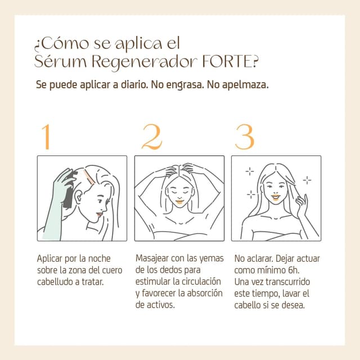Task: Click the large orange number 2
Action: (x=151, y=136)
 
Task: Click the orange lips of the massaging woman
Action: (x=180, y=200)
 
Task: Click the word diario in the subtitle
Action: (x=131, y=87)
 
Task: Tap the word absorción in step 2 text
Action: (x=203, y=294)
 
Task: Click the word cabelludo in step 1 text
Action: (x=57, y=282)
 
